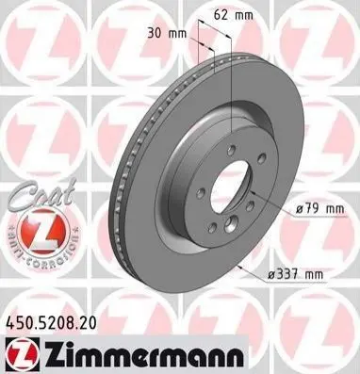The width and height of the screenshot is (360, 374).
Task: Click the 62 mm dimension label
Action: point(233,15)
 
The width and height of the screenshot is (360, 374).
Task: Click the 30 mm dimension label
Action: point(167,34)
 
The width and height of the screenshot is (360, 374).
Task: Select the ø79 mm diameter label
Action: point(319,208)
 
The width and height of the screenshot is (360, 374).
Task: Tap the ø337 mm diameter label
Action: point(295,274)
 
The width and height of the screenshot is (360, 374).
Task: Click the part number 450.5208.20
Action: point(51,323)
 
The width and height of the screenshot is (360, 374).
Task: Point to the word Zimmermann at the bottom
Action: point(144,355)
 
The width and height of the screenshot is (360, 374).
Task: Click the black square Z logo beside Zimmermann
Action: point(23,355)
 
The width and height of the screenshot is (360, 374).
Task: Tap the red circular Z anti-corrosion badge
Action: point(43,232)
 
